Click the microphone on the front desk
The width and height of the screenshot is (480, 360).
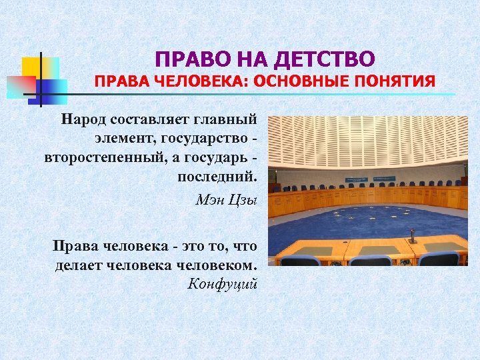click(411, 235)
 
